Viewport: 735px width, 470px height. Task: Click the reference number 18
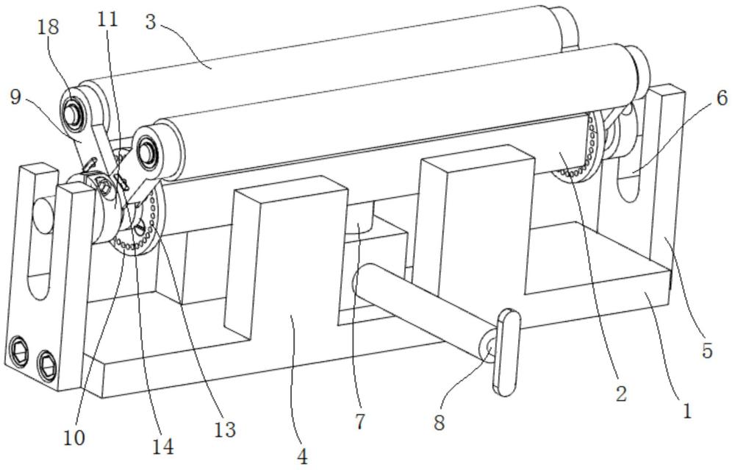[x=47, y=26]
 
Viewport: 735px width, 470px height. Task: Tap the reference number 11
[x=108, y=19]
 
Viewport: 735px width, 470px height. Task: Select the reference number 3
[x=151, y=21]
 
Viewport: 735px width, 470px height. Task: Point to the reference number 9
[x=15, y=98]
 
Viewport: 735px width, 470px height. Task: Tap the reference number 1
[x=686, y=411]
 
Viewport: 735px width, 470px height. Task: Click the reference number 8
[x=439, y=422]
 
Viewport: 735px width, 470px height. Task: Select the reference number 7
[x=359, y=421]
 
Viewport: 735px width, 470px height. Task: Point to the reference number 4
[x=302, y=456]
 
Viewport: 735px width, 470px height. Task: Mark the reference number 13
[x=225, y=429]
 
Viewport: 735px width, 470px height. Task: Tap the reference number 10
[x=74, y=437]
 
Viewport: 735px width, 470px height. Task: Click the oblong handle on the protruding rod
[x=506, y=352]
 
